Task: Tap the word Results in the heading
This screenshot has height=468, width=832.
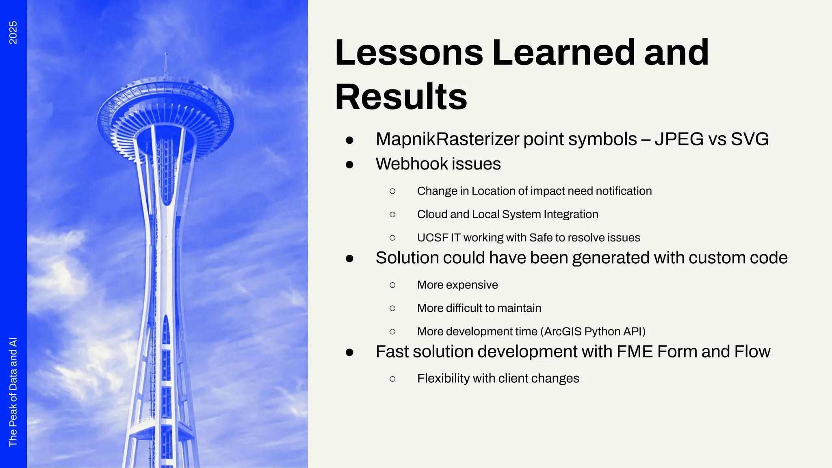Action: (401, 97)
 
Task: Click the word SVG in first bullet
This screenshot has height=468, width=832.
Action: (750, 139)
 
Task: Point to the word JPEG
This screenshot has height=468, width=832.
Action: (679, 139)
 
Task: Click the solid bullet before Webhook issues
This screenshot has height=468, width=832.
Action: (349, 165)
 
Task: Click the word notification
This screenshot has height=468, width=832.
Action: (624, 191)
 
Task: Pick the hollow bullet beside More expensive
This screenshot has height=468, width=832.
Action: (392, 285)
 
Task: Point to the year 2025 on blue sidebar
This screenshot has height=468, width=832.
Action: (13, 32)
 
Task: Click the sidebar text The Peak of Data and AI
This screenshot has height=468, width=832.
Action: (13, 392)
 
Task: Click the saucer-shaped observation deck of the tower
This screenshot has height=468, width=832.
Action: (165, 110)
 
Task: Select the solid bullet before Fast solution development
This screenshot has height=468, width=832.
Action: (349, 352)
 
